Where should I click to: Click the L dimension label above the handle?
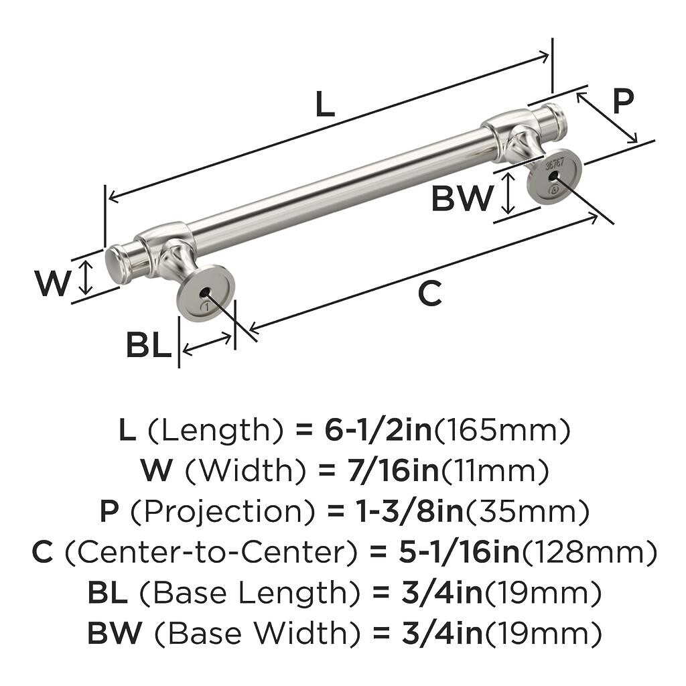click(324, 105)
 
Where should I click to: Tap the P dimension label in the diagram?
click(622, 102)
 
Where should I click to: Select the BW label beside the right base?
click(462, 198)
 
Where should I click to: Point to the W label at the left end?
click(52, 283)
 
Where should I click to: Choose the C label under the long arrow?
click(429, 293)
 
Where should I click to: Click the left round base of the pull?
click(206, 292)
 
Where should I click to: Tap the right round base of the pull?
click(553, 176)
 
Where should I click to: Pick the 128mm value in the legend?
click(588, 553)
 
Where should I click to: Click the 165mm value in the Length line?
click(502, 431)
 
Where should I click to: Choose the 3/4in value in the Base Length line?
click(439, 594)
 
